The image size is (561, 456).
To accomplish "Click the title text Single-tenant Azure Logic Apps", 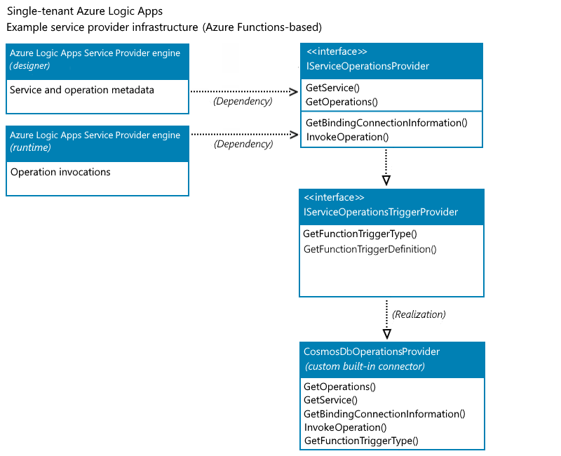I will [x=84, y=12].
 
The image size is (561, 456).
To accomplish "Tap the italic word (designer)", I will [x=29, y=65].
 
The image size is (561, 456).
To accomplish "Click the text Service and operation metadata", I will [x=82, y=90].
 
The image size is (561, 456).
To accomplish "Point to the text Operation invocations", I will [x=60, y=172].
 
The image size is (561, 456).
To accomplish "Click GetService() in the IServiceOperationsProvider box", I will [x=332, y=88].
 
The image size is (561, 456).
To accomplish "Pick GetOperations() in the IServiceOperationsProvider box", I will [x=342, y=102].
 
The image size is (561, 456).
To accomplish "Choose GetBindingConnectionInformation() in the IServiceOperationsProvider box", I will [x=386, y=123].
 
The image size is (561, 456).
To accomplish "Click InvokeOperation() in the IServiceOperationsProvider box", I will [x=347, y=137].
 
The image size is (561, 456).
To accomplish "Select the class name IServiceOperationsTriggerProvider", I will [x=380, y=212].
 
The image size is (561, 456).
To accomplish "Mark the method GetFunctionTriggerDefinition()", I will [x=370, y=249].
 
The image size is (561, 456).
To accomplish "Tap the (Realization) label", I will [x=419, y=314].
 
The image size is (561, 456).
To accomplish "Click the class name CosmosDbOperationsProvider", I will [x=372, y=351].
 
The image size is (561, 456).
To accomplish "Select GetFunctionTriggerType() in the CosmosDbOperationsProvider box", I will [x=360, y=441].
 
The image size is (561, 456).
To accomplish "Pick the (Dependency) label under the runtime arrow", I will [x=243, y=145].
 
